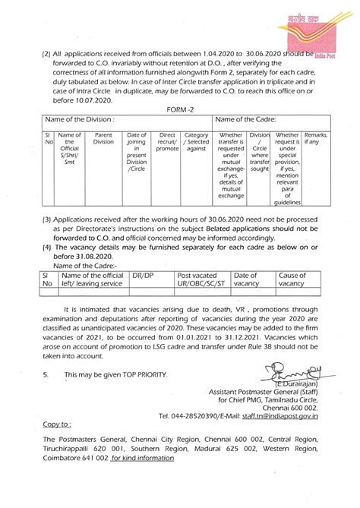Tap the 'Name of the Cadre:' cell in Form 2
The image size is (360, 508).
[245, 119]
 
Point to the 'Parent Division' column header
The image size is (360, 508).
[103, 137]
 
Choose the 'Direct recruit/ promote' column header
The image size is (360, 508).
[168, 142]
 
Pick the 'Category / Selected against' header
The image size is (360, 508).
[197, 142]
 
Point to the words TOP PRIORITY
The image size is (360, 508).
[137, 375]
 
